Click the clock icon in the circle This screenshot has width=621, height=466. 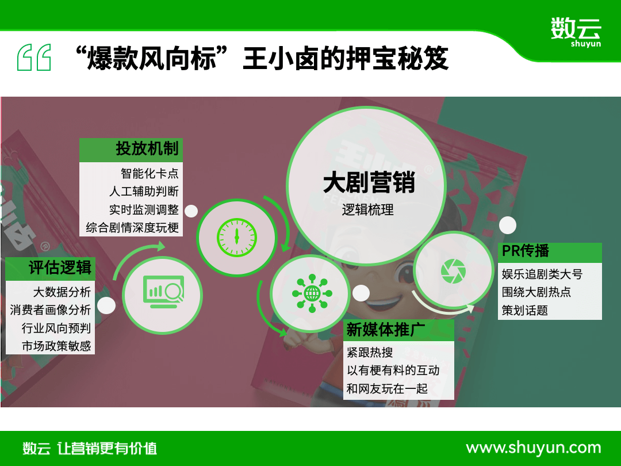pyautogui.click(x=237, y=238)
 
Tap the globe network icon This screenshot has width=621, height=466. pyautogui.click(x=312, y=293)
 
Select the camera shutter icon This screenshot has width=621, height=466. pyautogui.click(x=453, y=272)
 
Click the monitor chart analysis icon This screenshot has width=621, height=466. pyautogui.click(x=163, y=292)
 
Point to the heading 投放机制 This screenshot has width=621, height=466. pyautogui.click(x=147, y=149)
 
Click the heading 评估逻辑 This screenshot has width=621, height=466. pyautogui.click(x=60, y=268)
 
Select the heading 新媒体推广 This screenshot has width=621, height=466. pyautogui.click(x=385, y=330)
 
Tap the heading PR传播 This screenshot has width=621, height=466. pyautogui.click(x=525, y=251)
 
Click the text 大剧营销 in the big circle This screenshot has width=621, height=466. pyautogui.click(x=369, y=182)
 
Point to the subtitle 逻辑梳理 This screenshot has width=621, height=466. pyautogui.click(x=368, y=209)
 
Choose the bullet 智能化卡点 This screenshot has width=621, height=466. pyautogui.click(x=149, y=173)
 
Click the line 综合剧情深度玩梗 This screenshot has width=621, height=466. pyautogui.click(x=132, y=227)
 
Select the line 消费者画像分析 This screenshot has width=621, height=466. pyautogui.click(x=50, y=310)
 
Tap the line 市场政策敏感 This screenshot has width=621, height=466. pyautogui.click(x=56, y=346)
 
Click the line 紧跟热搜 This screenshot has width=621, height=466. pyautogui.click(x=370, y=352)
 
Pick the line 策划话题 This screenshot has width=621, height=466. pyautogui.click(x=525, y=310)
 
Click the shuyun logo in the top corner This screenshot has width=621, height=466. pyautogui.click(x=576, y=32)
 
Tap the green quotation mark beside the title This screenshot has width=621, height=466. pyautogui.click(x=34, y=58)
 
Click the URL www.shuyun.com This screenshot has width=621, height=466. pyautogui.click(x=534, y=448)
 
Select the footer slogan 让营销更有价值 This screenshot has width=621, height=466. pyautogui.click(x=107, y=449)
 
